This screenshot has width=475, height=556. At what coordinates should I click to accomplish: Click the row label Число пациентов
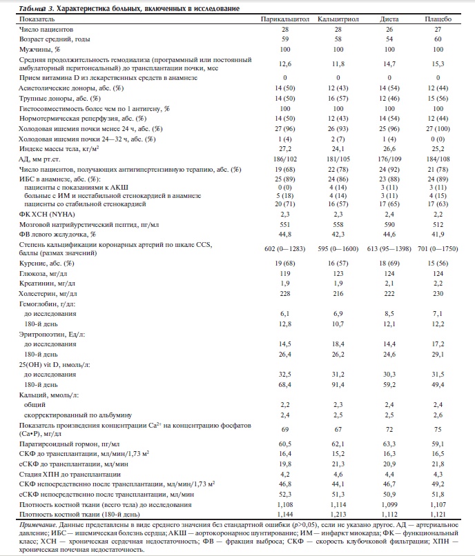(x=46, y=30)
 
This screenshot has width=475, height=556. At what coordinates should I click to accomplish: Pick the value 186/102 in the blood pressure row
(x=284, y=158)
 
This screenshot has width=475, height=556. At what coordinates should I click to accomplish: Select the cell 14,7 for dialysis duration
(x=389, y=63)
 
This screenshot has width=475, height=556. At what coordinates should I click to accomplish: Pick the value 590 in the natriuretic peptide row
(x=389, y=225)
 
